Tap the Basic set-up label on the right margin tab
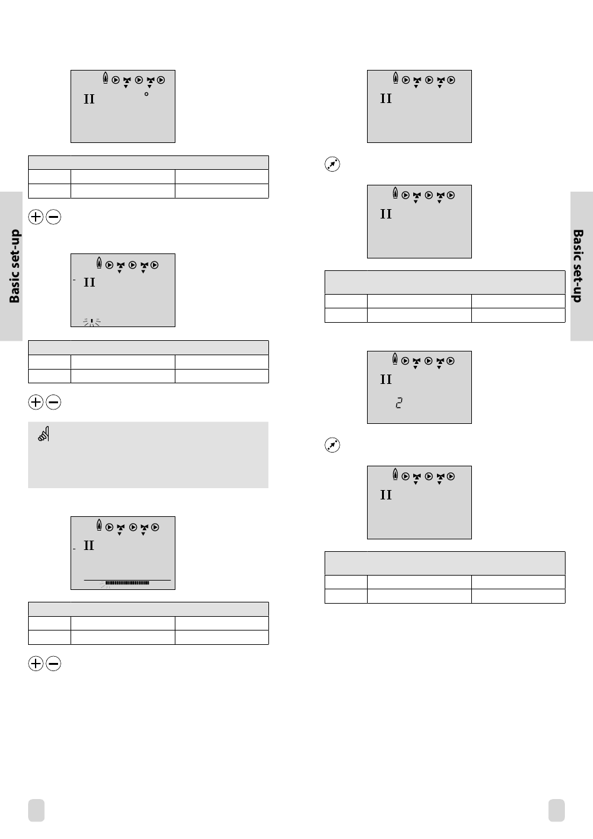pyautogui.click(x=578, y=266)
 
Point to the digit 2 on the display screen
pyautogui.click(x=399, y=403)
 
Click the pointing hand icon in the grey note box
pyautogui.click(x=44, y=434)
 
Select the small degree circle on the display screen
pyautogui.click(x=146, y=94)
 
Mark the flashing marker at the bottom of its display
pyautogui.click(x=92, y=322)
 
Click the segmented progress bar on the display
pyautogui.click(x=127, y=583)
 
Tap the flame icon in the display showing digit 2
pyautogui.click(x=395, y=358)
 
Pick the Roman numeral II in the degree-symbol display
pyautogui.click(x=89, y=99)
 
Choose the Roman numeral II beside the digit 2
pyautogui.click(x=386, y=380)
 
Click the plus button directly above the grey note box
pyautogui.click(x=36, y=403)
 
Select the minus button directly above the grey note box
pyautogui.click(x=54, y=403)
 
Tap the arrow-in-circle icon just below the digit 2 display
pyautogui.click(x=332, y=445)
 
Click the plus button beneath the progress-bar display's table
pyautogui.click(x=36, y=664)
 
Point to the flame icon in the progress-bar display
pyautogui.click(x=99, y=525)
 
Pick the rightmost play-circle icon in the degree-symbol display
pyautogui.click(x=161, y=80)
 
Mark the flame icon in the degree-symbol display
pyautogui.click(x=105, y=79)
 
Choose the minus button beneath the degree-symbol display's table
pyautogui.click(x=54, y=217)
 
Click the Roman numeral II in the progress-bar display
pyautogui.click(x=89, y=546)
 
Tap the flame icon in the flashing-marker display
pyautogui.click(x=99, y=263)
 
